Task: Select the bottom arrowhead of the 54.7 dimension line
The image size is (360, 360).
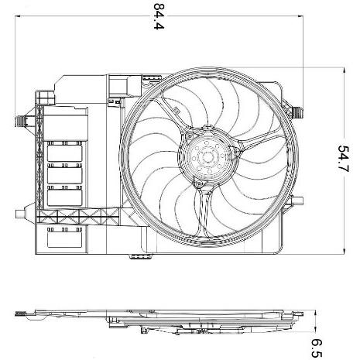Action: [343, 252]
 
